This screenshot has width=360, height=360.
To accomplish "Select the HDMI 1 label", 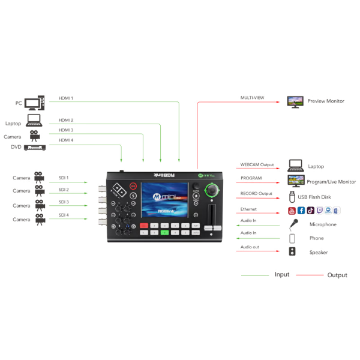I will tap(66, 98).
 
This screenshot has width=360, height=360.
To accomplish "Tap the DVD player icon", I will tap(34, 147).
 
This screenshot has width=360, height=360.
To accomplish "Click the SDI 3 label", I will tap(63, 202).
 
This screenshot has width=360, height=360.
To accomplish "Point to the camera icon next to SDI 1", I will tap(40, 177).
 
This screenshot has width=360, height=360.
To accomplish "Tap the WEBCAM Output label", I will tap(257, 164).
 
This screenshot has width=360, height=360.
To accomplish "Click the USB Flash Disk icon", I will tap(292, 196).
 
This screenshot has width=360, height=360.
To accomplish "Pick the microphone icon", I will tap(294, 224).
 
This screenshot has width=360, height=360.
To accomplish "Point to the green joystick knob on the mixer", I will tap(211, 190).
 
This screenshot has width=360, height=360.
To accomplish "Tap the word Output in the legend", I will tap(337, 275).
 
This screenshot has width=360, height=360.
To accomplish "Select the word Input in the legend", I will tap(281, 275).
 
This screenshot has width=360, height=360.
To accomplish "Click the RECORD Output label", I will tap(256, 194).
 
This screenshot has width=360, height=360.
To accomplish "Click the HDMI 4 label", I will tap(66, 140).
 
